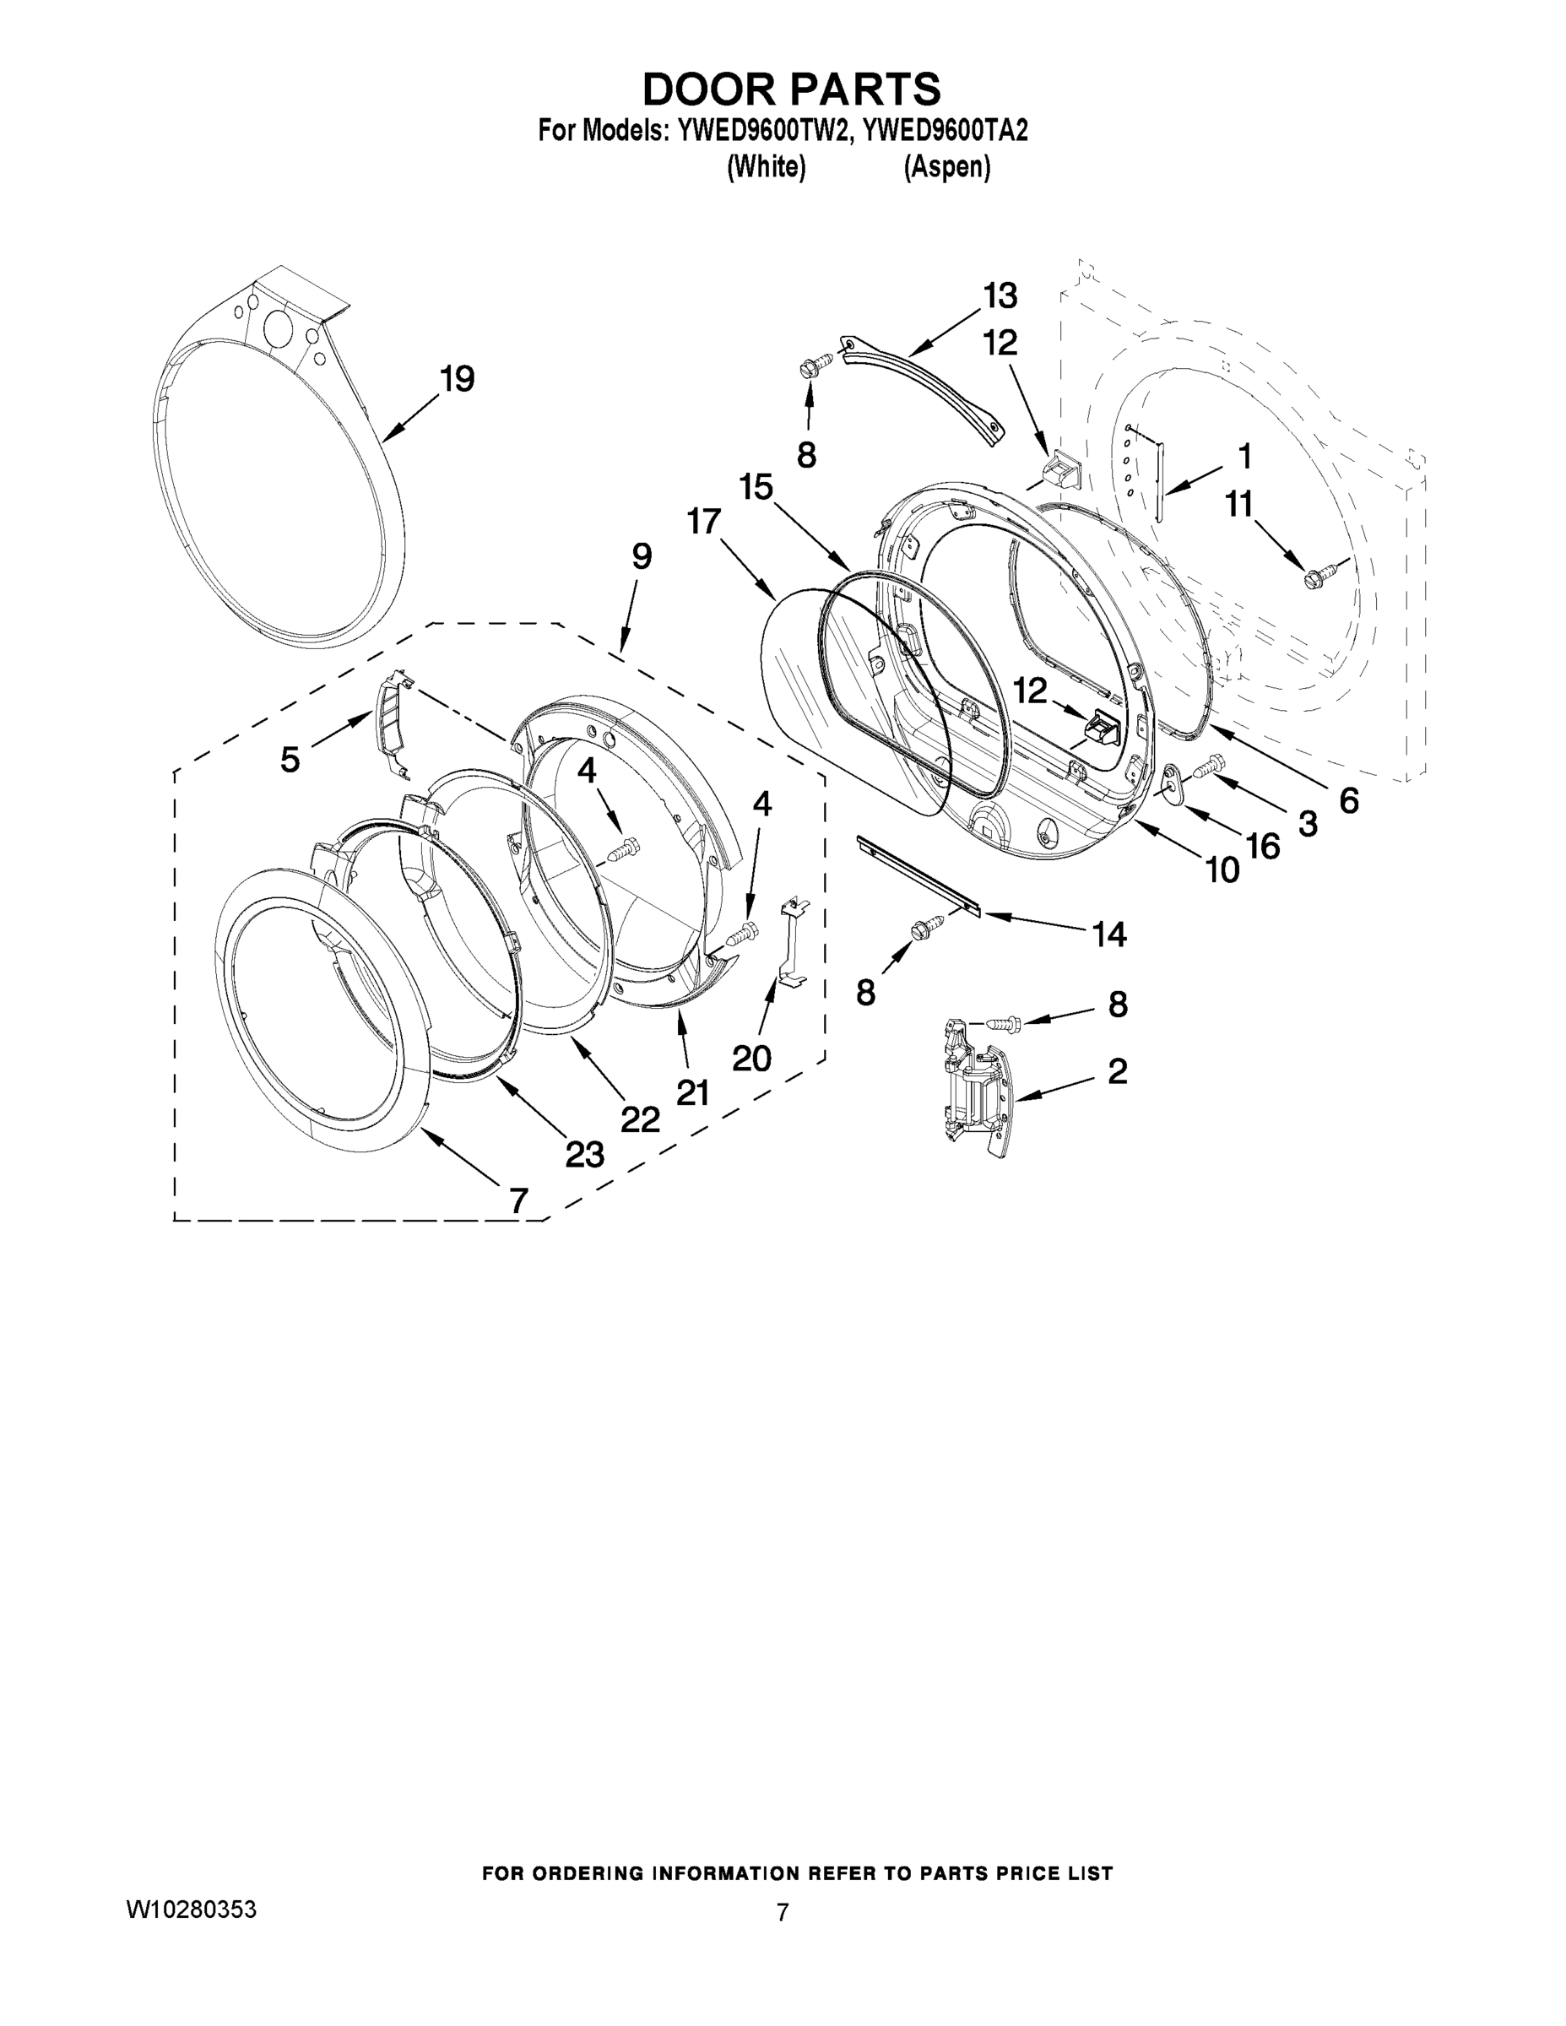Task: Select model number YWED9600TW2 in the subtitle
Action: point(762,132)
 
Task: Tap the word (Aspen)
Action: point(946,168)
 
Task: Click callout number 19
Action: point(457,378)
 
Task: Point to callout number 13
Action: point(1000,296)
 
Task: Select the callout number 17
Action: point(703,522)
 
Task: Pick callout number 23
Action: point(584,1154)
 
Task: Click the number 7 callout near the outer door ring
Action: point(517,1200)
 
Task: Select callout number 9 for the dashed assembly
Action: point(641,556)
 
